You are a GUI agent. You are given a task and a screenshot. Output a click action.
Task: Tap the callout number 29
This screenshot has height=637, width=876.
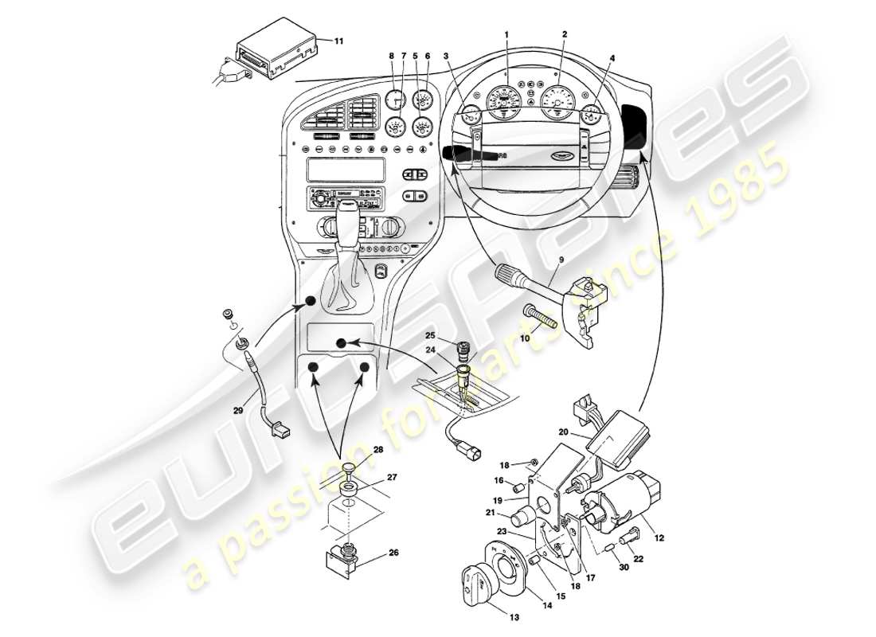pyautogui.click(x=239, y=411)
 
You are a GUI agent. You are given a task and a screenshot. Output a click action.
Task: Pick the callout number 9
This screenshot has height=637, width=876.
pyautogui.click(x=561, y=259)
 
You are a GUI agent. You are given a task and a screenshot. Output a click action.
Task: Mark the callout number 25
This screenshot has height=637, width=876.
pyautogui.click(x=429, y=335)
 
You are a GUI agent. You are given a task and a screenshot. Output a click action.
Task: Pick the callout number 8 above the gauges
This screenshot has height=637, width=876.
pyautogui.click(x=392, y=55)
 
